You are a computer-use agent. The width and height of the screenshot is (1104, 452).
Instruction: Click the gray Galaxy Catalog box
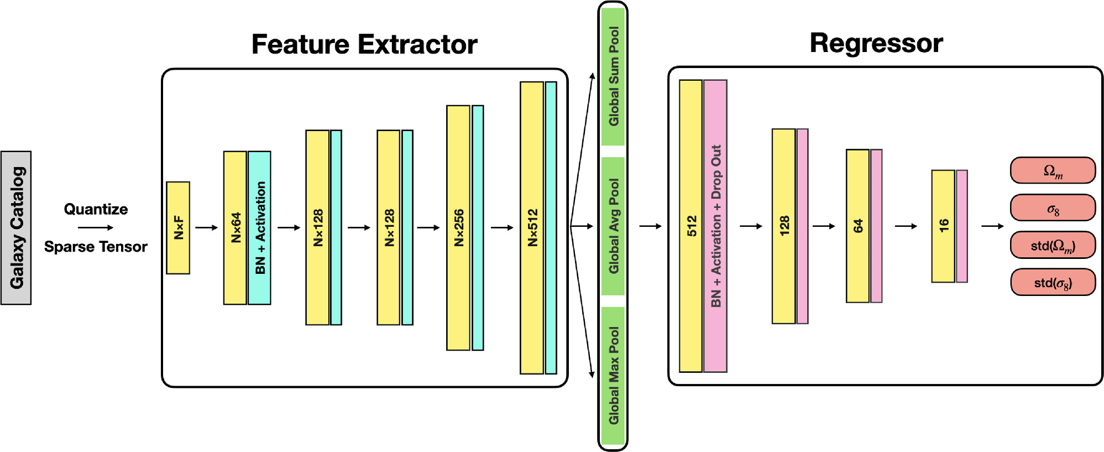point(16,227)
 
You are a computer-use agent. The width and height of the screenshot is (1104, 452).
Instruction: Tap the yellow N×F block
point(178,227)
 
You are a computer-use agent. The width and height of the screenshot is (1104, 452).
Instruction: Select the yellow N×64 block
point(235,227)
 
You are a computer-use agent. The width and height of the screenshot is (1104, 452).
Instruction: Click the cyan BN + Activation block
point(260,227)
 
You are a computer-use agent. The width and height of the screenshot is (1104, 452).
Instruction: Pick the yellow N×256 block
point(458,227)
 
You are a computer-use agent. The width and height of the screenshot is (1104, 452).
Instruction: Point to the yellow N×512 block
point(532,227)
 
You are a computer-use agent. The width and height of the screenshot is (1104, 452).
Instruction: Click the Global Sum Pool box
point(613,76)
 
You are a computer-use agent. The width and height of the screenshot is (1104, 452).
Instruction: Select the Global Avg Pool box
point(613,226)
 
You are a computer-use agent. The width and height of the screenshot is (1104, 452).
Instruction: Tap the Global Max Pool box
point(613,375)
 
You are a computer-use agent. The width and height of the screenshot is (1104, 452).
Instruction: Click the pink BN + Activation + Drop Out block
point(715,226)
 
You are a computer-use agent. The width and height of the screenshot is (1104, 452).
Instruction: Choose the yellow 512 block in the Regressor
point(691,226)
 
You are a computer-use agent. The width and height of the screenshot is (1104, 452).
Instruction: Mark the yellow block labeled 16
point(943,226)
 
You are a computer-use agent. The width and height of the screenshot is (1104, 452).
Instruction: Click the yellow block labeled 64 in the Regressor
point(857,226)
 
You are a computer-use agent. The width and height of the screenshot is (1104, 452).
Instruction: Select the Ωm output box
point(1053,170)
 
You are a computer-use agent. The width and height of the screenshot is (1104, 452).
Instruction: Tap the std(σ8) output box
point(1053,283)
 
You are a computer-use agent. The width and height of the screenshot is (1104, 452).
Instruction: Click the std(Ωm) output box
point(1053,245)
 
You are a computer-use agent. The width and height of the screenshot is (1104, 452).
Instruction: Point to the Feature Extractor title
point(364,44)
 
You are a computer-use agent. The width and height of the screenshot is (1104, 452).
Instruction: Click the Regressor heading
point(876,43)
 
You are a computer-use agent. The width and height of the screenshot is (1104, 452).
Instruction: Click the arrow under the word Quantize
point(95,227)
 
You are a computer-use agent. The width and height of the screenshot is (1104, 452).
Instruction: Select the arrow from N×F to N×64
point(206,227)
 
